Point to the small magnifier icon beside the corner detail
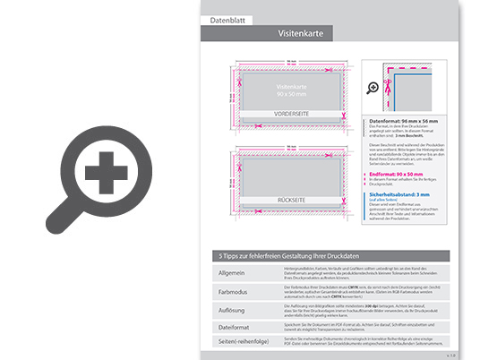coord(373,88)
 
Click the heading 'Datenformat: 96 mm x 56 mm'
coord(401,119)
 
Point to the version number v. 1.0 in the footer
coord(450,356)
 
